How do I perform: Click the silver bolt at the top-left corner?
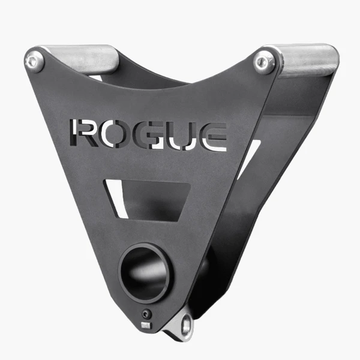click(x=35, y=61)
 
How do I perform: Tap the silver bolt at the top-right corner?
click(x=265, y=62)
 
